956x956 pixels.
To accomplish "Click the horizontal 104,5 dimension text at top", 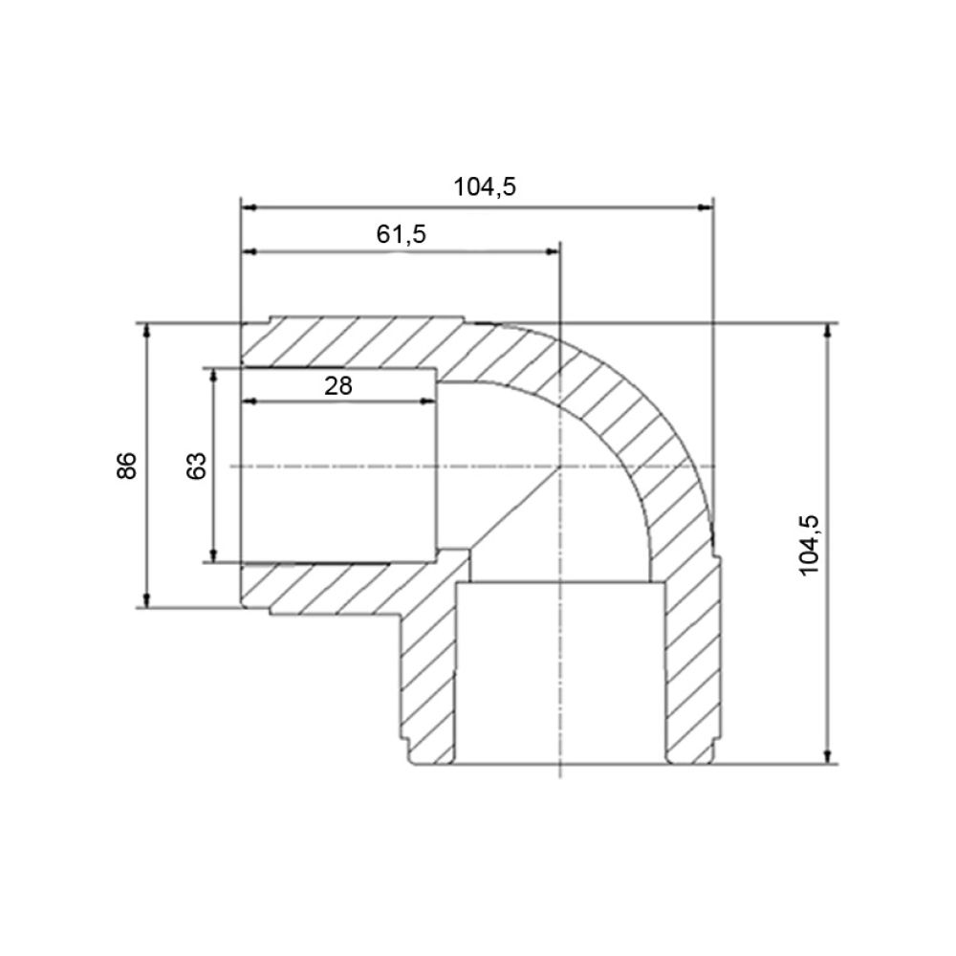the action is pos(485,186).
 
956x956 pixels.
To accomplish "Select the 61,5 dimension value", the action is pos(402,234).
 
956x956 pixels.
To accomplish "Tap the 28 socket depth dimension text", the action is pos(338,386).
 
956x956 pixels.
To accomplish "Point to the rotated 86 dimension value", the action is pos(127,466).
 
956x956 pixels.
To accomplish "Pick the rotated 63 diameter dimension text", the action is pos(196,466).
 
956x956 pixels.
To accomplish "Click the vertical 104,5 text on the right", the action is pos(810,545).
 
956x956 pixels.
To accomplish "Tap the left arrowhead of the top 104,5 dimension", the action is pos(250,207).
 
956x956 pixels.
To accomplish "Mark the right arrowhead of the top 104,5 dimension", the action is pos(705,207).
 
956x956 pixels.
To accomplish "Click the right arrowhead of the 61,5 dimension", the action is pos(552,251).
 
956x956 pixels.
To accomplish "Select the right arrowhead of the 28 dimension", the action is pos(428,402).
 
